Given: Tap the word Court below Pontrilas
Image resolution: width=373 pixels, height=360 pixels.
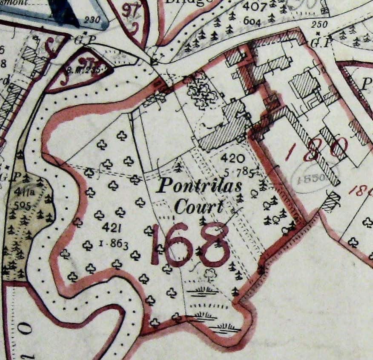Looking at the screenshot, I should click(x=199, y=207).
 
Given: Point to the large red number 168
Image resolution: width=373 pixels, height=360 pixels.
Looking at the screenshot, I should click(x=190, y=245).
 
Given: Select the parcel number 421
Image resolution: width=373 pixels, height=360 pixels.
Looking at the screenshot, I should click(x=109, y=228).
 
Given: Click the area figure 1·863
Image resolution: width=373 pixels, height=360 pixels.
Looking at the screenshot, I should click(x=114, y=243).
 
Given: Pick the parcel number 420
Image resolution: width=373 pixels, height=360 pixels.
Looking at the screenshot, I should click(x=233, y=159).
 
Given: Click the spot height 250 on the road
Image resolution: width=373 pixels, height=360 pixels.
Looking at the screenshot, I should click(x=319, y=25).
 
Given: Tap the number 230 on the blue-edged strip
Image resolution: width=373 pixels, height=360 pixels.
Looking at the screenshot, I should click(x=92, y=19).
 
